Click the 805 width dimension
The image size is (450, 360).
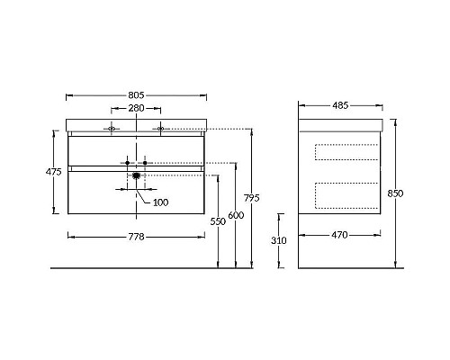(136, 95)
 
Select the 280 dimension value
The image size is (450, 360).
(136, 108)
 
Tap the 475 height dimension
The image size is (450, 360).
(53, 172)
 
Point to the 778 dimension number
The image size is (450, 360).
(136, 237)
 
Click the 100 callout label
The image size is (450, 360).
(160, 202)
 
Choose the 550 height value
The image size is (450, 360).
(218, 221)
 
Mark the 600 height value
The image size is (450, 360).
(236, 215)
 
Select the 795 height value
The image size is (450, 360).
(251, 198)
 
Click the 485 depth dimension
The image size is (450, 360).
(340, 105)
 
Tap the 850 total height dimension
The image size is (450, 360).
(395, 193)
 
